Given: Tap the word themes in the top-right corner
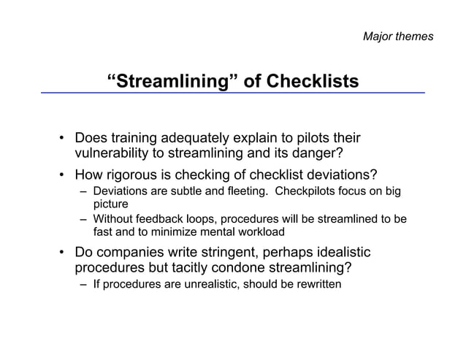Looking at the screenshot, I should (415, 36).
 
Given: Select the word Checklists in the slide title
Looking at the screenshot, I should (313, 80).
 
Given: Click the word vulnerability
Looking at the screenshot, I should (112, 153).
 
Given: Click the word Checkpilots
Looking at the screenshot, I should (313, 191).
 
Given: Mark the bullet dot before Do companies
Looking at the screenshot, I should (64, 252).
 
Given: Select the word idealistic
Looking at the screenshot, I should (338, 252).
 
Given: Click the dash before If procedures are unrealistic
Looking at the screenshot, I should (84, 284).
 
